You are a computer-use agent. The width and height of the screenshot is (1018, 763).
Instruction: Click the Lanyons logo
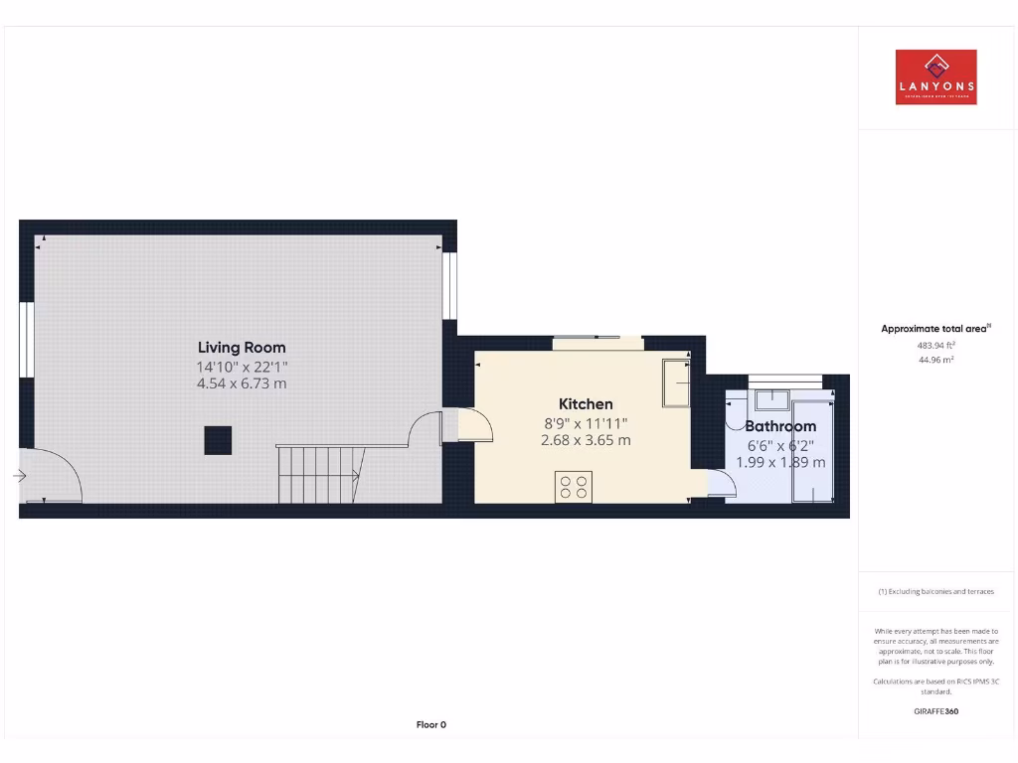pos(935,77)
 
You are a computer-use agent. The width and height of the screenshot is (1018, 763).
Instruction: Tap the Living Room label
pos(242,348)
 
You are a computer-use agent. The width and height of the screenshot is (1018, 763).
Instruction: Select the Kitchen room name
pos(586,404)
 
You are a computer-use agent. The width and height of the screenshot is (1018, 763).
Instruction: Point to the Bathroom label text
pos(780,427)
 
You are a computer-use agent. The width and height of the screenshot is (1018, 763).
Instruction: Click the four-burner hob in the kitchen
pos(574,487)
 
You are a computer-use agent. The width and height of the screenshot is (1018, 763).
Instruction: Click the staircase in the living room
pos(318,475)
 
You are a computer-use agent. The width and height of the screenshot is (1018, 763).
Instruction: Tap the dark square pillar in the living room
pos(218,440)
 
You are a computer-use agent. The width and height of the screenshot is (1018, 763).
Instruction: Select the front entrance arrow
pos(19,477)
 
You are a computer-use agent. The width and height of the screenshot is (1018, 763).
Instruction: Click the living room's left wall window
pos(27,338)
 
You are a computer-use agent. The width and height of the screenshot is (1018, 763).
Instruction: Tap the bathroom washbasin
pos(772,399)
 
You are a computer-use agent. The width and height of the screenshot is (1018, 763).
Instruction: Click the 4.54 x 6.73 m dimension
pos(242,383)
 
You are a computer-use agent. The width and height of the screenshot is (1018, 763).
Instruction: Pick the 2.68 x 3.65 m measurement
pos(586,440)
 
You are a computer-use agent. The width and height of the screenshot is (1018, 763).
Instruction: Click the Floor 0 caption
pos(430,725)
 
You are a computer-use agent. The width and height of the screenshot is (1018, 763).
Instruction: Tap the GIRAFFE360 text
pos(935,711)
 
